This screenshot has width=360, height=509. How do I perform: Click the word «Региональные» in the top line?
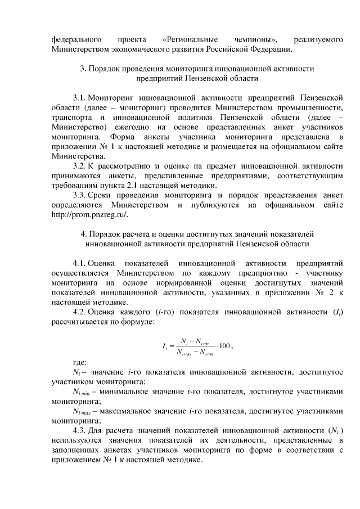point(191,39)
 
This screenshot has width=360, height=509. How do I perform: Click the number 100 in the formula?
point(223,345)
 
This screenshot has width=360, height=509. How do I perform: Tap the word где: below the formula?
point(79,363)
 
